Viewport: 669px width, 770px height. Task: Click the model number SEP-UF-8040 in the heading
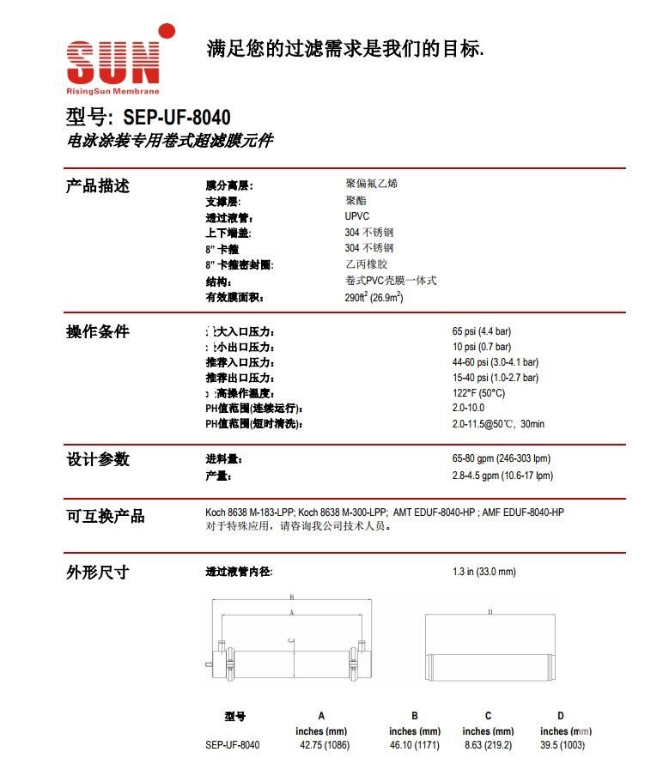click(x=176, y=116)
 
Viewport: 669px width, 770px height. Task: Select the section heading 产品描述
click(x=98, y=185)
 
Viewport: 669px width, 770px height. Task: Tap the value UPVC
click(x=357, y=216)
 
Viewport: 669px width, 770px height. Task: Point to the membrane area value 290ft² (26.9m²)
click(x=374, y=298)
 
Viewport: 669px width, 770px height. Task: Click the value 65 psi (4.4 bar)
click(x=482, y=331)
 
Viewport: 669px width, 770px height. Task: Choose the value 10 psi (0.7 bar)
click(x=482, y=347)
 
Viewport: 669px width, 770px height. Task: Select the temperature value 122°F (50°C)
click(x=478, y=393)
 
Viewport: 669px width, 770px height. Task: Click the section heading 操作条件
click(x=98, y=331)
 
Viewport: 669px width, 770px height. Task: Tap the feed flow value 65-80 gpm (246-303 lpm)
click(x=502, y=459)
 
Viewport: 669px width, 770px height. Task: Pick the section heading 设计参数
click(x=98, y=459)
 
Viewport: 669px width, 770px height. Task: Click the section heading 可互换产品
click(x=106, y=516)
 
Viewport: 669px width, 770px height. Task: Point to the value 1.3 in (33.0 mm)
click(x=484, y=572)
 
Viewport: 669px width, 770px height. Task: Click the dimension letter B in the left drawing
click(x=292, y=597)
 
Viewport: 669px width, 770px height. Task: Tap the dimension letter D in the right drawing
click(x=490, y=612)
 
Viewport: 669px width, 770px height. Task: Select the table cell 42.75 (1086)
click(x=325, y=745)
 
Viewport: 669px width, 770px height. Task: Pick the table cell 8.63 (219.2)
click(x=488, y=745)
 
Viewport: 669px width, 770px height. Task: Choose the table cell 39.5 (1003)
click(x=562, y=745)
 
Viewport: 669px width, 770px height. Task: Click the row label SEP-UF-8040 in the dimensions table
click(x=232, y=745)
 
